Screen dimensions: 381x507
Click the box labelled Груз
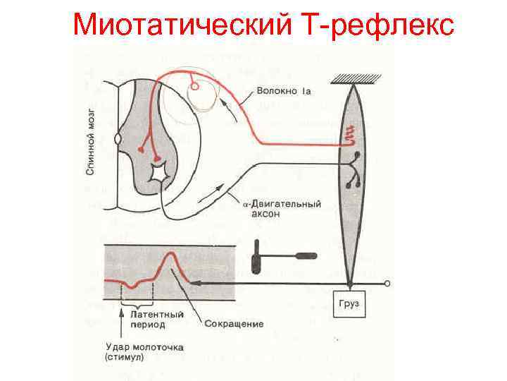point(349,302)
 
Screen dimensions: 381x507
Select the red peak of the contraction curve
point(169,255)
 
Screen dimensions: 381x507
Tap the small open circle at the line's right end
point(387,284)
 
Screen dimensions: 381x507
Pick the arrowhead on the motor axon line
point(226,188)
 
